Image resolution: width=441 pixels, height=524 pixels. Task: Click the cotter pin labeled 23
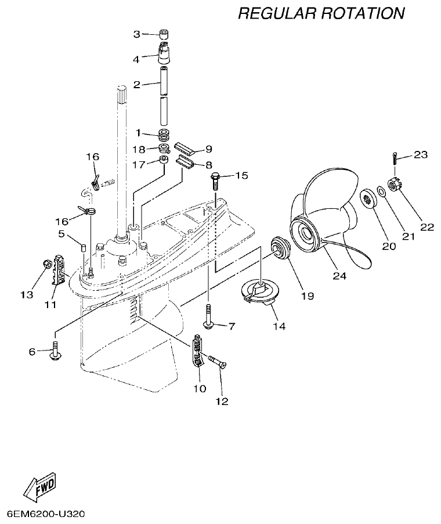tap(395, 157)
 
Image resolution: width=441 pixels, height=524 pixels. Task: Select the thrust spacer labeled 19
tap(283, 249)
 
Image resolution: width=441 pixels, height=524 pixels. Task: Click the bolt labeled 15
tap(215, 180)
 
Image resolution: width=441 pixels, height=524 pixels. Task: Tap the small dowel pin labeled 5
tap(83, 247)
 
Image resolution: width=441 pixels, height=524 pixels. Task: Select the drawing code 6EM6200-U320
tap(46, 514)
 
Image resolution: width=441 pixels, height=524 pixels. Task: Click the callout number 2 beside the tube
tap(137, 85)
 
